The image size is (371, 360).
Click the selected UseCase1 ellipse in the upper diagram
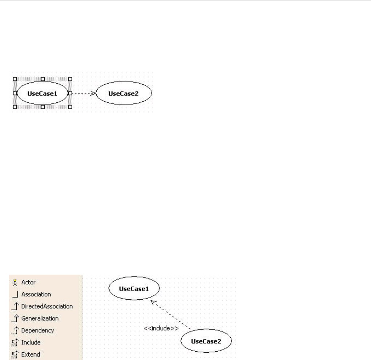pos(43,93)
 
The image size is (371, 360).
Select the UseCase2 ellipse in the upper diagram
pos(124,93)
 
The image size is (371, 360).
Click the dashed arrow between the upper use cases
pos(83,93)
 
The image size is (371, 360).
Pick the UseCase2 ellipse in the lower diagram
pos(206,341)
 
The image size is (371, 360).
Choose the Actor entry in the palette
pos(28,282)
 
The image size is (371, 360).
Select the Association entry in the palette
pos(36,294)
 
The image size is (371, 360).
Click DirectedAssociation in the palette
pos(47,306)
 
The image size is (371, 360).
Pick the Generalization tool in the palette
pos(40,318)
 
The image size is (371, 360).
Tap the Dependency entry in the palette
pos(37,331)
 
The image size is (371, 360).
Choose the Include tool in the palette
pos(31,342)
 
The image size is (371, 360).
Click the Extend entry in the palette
pos(31,354)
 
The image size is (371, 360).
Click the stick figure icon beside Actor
pos(15,282)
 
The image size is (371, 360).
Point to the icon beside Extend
pos(15,354)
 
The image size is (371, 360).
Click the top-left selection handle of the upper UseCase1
pos(15,79)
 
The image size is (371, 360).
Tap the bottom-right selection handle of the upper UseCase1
pos(70,107)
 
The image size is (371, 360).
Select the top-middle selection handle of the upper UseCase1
pos(43,79)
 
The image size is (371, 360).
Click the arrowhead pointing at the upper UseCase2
pos(93,93)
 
